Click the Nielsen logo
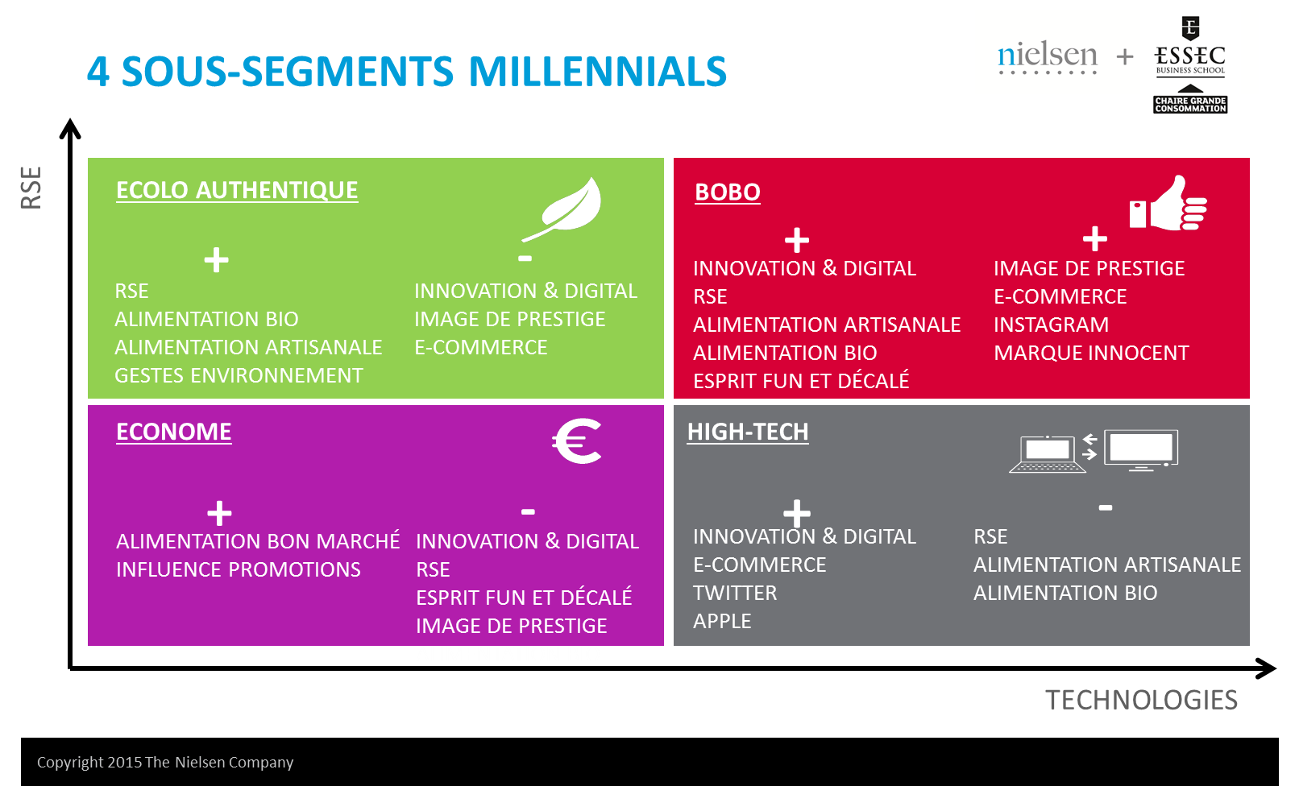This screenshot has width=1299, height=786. [x=1048, y=57]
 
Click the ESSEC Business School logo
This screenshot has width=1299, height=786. [x=1190, y=64]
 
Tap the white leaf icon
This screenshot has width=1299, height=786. [x=562, y=209]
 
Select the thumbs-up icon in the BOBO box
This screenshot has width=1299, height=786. [x=1168, y=203]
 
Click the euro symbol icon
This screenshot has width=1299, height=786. [x=577, y=441]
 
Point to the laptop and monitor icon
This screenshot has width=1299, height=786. [x=1094, y=451]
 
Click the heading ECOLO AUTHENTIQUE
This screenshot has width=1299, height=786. [x=237, y=190]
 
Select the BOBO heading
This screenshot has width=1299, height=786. [x=727, y=192]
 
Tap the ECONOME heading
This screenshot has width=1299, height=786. [x=173, y=432]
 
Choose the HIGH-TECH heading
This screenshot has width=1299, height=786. [x=748, y=432]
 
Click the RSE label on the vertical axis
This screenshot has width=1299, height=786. [x=31, y=187]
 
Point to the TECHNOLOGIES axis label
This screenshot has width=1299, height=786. [x=1141, y=700]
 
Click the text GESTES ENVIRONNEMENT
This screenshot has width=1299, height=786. [x=239, y=375]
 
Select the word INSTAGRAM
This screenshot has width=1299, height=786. [x=1051, y=325]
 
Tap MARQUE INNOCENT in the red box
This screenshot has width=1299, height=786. [x=1091, y=353]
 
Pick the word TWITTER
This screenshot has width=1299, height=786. [x=735, y=593]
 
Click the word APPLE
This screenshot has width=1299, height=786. [x=722, y=622]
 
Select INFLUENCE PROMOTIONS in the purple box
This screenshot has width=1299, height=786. [x=239, y=570]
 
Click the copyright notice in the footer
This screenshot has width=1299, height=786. [x=165, y=762]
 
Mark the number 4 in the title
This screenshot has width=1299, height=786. [x=98, y=72]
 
